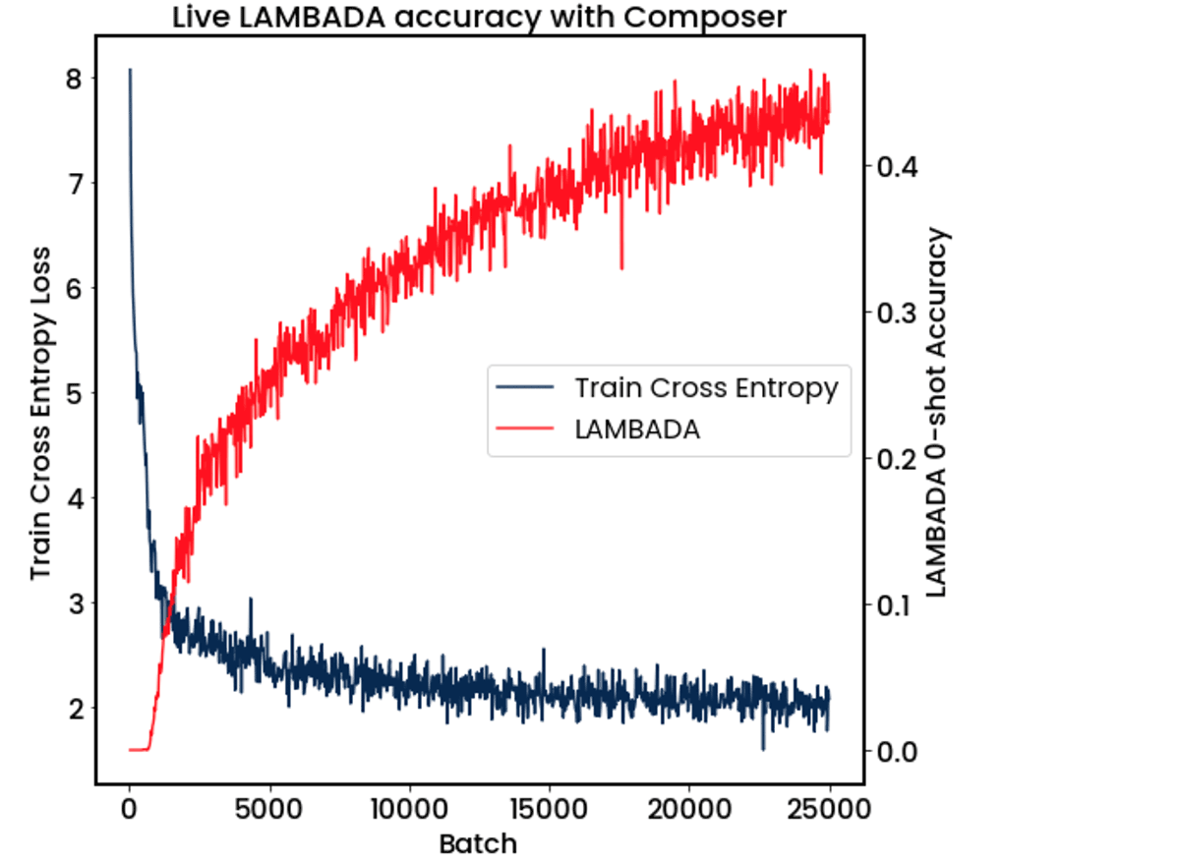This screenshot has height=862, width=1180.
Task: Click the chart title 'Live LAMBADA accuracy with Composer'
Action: pyautogui.click(x=479, y=17)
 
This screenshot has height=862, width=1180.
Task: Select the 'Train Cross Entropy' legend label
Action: pyautogui.click(x=706, y=387)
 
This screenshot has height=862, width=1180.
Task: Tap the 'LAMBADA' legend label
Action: pyautogui.click(x=637, y=430)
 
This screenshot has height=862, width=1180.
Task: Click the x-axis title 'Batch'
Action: pyautogui.click(x=478, y=843)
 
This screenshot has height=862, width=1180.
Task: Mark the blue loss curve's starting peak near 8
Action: pyautogui.click(x=130, y=71)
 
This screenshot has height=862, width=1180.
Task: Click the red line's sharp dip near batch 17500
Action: pyautogui.click(x=621, y=266)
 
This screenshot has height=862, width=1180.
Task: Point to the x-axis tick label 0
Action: pyautogui.click(x=129, y=811)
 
